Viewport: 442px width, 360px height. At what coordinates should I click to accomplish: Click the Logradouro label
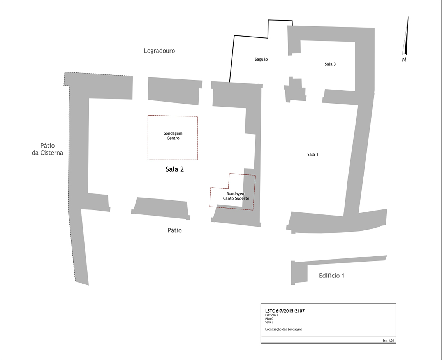tap(159, 51)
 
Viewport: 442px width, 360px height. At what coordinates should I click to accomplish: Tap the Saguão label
tap(261, 59)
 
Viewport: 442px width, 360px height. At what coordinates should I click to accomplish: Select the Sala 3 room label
tap(330, 64)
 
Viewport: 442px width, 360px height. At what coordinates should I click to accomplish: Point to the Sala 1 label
tap(313, 155)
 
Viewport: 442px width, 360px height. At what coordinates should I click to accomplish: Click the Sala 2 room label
tap(175, 169)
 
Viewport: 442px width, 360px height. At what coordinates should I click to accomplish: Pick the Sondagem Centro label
tap(173, 135)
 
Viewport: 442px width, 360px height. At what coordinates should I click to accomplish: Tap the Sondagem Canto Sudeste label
tap(236, 196)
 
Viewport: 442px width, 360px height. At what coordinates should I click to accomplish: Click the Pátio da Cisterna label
tap(48, 149)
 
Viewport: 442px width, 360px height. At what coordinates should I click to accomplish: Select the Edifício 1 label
tap(331, 276)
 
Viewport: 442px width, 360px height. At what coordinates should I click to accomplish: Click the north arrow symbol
tap(405, 36)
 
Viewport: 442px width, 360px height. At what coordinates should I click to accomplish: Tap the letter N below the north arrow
tap(404, 60)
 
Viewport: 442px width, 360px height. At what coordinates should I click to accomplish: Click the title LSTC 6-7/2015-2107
tap(285, 311)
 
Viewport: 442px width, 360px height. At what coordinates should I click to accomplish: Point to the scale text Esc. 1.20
tap(388, 341)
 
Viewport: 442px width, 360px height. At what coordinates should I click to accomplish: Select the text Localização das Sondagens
tap(283, 329)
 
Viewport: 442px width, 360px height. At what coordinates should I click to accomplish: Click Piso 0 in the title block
tap(269, 319)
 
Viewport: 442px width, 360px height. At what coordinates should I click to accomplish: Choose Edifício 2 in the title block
tap(271, 315)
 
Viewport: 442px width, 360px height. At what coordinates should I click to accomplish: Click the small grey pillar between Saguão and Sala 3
tap(295, 89)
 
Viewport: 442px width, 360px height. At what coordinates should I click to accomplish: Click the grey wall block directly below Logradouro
tap(175, 90)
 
